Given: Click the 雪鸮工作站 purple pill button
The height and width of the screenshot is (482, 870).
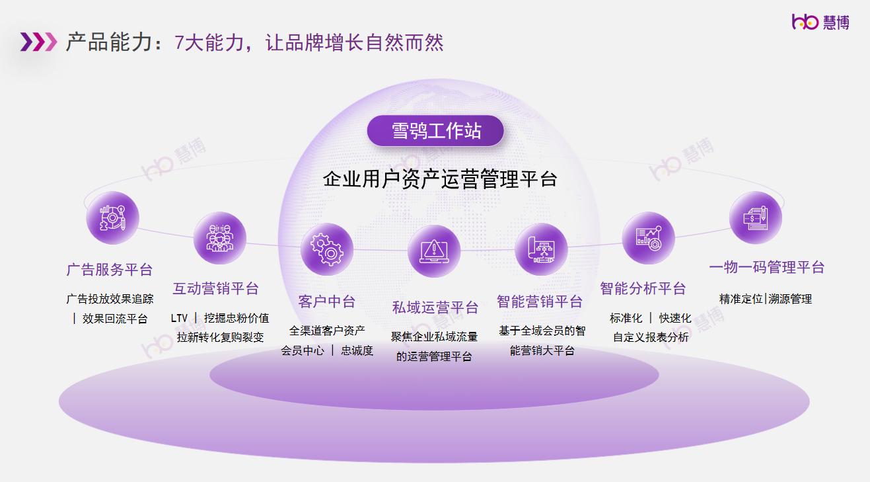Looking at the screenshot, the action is pyautogui.click(x=435, y=131).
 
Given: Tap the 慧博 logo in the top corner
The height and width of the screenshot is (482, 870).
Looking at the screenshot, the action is pyautogui.click(x=820, y=22).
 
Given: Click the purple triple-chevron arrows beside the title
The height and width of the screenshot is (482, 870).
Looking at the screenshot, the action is pyautogui.click(x=38, y=42).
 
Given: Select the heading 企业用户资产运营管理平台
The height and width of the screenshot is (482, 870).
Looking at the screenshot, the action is pyautogui.click(x=440, y=179).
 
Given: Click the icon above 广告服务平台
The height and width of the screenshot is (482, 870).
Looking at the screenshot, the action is pyautogui.click(x=113, y=218).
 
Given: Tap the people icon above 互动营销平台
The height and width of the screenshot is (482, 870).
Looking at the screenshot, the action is pyautogui.click(x=220, y=238).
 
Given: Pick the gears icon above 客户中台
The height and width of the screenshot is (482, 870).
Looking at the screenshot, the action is pyautogui.click(x=327, y=249).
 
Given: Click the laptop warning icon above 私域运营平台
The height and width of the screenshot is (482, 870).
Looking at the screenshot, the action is pyautogui.click(x=434, y=251).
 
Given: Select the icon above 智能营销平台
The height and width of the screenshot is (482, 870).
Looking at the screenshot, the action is pyautogui.click(x=542, y=249).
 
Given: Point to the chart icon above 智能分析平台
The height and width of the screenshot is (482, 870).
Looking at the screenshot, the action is pyautogui.click(x=648, y=238).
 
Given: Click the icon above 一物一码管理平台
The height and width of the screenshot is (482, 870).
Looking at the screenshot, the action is pyautogui.click(x=756, y=218).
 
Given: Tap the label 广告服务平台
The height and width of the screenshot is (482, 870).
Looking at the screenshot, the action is pyautogui.click(x=110, y=269).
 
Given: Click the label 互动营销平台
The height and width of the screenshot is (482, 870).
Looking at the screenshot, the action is pyautogui.click(x=215, y=288).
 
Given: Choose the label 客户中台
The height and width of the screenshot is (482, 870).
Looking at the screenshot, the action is pyautogui.click(x=326, y=301).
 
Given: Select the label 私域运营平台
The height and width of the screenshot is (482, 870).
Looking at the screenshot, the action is pyautogui.click(x=435, y=307).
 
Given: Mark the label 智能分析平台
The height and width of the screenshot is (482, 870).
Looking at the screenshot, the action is pyautogui.click(x=643, y=288).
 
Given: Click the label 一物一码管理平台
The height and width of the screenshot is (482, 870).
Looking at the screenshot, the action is pyautogui.click(x=767, y=267).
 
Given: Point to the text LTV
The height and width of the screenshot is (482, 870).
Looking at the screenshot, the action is pyautogui.click(x=179, y=318).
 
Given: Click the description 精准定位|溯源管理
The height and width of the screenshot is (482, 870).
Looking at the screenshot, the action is pyautogui.click(x=766, y=299).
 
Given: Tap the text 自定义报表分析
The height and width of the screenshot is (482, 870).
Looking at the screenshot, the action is pyautogui.click(x=651, y=337).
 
